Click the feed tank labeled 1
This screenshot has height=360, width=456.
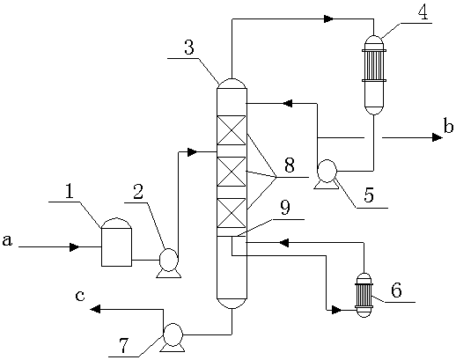[116, 242]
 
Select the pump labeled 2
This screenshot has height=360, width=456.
[168, 263]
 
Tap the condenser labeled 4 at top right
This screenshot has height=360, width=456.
[373, 75]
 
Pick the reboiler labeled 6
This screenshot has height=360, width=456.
[364, 295]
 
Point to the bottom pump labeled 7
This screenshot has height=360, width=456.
[173, 337]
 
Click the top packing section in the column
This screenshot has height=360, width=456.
[232, 130]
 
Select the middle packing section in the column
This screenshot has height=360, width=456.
[232, 172]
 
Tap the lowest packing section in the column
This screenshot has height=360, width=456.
[232, 213]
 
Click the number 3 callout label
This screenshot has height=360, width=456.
[189, 48]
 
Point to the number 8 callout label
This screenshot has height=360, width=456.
[290, 165]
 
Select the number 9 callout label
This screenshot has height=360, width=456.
[285, 207]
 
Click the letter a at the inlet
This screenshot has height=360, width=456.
[7, 240]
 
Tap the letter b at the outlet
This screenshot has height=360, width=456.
[448, 127]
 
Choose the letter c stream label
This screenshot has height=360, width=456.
[80, 296]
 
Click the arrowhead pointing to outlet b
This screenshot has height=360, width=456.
[438, 137]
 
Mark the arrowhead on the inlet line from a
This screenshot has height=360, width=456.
[74, 247]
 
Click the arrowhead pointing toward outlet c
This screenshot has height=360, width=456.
[95, 309]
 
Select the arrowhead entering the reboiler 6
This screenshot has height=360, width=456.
[336, 310]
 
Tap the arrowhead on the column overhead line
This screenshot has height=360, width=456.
[328, 19]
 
